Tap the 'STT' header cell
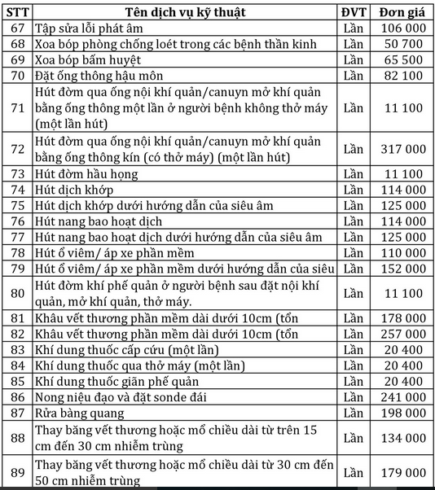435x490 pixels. coord(18,12)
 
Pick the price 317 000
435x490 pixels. coord(402,149)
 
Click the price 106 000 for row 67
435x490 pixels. coord(402,28)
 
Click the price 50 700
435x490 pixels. coord(402,44)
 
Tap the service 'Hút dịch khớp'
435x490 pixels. coord(74,189)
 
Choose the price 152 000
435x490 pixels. coord(402,268)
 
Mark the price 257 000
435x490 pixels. coord(402,334)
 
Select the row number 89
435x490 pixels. coord(18,472)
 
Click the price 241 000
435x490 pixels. coord(402,397)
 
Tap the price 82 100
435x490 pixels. coord(402,76)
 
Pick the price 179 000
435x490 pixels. coord(402,472)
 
